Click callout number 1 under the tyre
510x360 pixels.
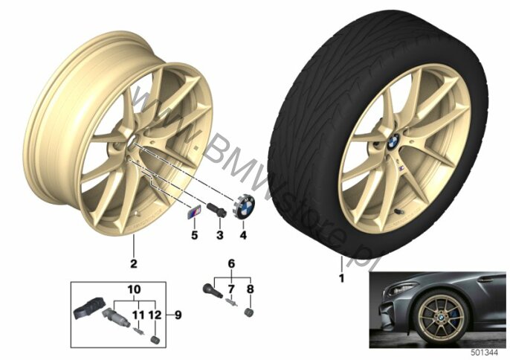[x=341, y=279]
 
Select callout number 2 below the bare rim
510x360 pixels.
[x=134, y=263]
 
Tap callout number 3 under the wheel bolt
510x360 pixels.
[x=220, y=235]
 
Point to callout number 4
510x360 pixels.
[x=243, y=235]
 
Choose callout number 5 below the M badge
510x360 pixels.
[x=195, y=235]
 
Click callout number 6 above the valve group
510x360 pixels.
[x=231, y=263]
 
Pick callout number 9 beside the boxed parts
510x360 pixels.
[x=178, y=315]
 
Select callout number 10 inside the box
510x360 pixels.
[x=135, y=289]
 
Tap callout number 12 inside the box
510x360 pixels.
[x=155, y=315]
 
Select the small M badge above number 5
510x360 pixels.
[x=194, y=213]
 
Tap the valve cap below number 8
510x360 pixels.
[x=249, y=312]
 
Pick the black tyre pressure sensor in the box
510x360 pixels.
[x=87, y=307]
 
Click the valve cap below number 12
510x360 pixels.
[x=155, y=339]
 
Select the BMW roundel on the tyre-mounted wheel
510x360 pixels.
[x=393, y=142]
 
